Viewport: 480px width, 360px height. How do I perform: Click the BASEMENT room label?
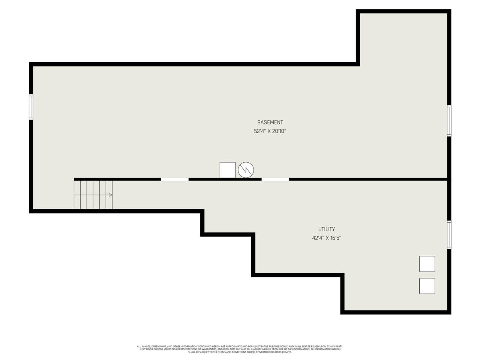(x=270, y=122)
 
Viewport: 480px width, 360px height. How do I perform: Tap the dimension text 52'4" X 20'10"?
(x=270, y=131)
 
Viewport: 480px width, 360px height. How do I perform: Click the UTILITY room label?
(x=327, y=229)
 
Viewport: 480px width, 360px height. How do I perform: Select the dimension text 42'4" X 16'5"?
(x=327, y=238)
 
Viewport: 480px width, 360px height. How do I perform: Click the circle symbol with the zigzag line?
(x=246, y=170)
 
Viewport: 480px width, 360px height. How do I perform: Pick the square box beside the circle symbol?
(x=228, y=170)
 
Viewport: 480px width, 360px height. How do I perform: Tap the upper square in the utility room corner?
(x=427, y=264)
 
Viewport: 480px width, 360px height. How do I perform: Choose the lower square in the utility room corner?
(x=427, y=286)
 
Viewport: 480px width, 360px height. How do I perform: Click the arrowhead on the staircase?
(x=111, y=195)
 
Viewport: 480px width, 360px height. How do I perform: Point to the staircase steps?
(x=93, y=195)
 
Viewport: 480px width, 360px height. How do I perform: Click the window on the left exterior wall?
(x=31, y=107)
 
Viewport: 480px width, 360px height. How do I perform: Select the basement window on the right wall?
(x=449, y=121)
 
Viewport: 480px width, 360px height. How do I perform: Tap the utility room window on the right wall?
(x=449, y=235)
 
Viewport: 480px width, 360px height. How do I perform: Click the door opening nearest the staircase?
(x=175, y=179)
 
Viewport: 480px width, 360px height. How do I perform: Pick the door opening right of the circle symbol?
(x=275, y=179)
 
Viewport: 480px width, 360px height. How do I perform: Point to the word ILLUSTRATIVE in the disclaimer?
(x=257, y=346)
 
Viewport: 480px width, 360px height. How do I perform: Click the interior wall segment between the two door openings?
(x=225, y=179)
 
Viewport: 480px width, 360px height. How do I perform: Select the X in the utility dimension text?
(x=327, y=238)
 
